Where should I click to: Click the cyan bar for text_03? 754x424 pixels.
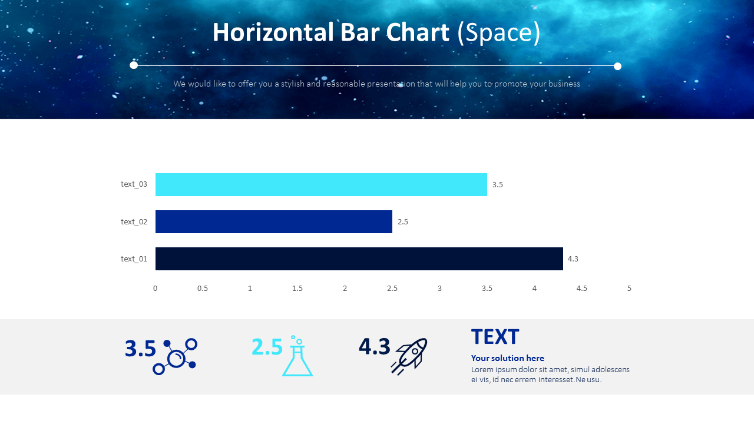321,184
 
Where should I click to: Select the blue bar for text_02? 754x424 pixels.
274,221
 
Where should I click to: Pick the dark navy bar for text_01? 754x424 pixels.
359,259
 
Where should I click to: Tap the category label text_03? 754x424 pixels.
134,184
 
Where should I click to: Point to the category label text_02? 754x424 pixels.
134,222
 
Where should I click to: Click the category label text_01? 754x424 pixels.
134,259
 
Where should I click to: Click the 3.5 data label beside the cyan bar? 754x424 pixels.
498,185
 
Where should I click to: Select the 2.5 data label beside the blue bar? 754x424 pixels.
403,222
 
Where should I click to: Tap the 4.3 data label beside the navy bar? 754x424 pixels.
573,259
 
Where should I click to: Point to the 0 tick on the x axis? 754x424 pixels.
156,289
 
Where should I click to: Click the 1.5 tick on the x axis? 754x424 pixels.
297,289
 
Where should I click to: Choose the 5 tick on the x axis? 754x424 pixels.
629,289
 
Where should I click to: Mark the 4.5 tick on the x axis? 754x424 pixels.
582,289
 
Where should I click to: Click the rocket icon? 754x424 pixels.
410,356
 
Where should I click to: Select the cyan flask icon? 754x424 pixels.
297,357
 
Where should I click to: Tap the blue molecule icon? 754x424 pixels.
176,356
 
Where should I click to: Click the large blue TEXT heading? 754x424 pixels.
495,337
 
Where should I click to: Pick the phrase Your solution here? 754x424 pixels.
507,358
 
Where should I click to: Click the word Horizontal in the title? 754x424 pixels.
273,32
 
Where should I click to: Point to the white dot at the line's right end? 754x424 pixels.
617,66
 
